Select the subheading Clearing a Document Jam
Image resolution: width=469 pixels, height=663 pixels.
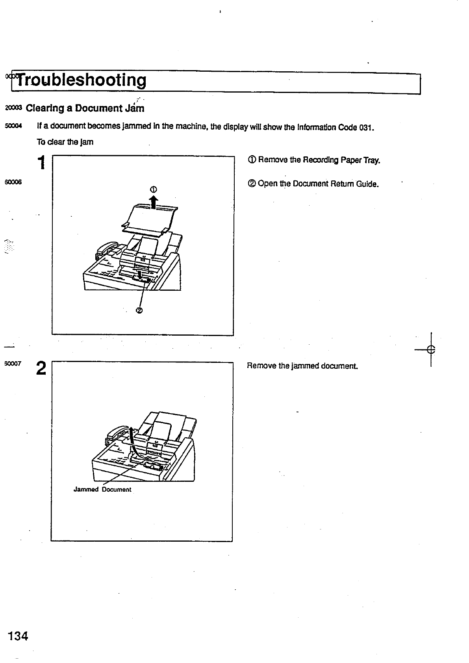tap(85, 108)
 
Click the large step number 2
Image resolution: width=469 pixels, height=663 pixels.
tap(41, 369)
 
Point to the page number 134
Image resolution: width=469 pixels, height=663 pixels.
tap(17, 636)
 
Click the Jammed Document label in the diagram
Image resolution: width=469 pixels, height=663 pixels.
tap(102, 490)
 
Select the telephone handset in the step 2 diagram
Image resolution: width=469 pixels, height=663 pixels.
tap(116, 433)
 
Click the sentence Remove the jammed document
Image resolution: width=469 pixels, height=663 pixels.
tap(302, 366)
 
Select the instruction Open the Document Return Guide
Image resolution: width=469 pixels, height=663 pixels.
tap(313, 184)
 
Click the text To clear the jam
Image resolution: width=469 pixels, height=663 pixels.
tap(65, 142)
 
